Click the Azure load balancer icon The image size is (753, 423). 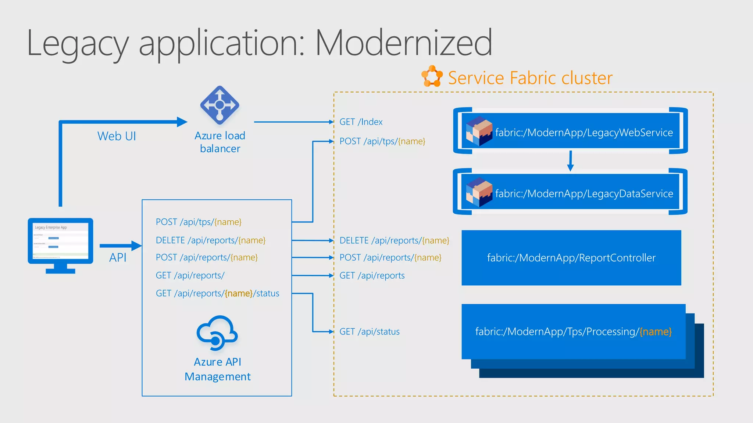[x=220, y=105]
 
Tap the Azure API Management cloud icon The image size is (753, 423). [x=217, y=333]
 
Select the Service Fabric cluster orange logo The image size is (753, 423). [x=432, y=76]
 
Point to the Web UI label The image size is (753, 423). [x=117, y=136]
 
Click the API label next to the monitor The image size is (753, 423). [x=118, y=258]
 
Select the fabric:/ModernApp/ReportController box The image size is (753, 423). [x=571, y=258]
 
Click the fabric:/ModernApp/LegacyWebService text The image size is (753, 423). [x=584, y=133]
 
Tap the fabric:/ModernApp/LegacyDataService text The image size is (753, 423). [x=584, y=194]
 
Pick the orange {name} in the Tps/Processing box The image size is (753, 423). [x=656, y=332]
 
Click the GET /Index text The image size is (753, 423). [x=361, y=122]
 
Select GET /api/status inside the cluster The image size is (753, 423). [x=369, y=332]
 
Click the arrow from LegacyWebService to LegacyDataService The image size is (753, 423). [x=570, y=160]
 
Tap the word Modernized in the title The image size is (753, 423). [x=403, y=43]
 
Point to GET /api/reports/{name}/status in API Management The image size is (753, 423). [x=217, y=293]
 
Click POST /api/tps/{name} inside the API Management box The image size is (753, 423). [x=199, y=222]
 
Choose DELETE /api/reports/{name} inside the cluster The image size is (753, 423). [x=394, y=241]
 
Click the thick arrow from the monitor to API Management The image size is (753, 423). [x=120, y=246]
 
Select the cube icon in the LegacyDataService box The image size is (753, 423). [x=479, y=192]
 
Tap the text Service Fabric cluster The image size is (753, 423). [x=530, y=78]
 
